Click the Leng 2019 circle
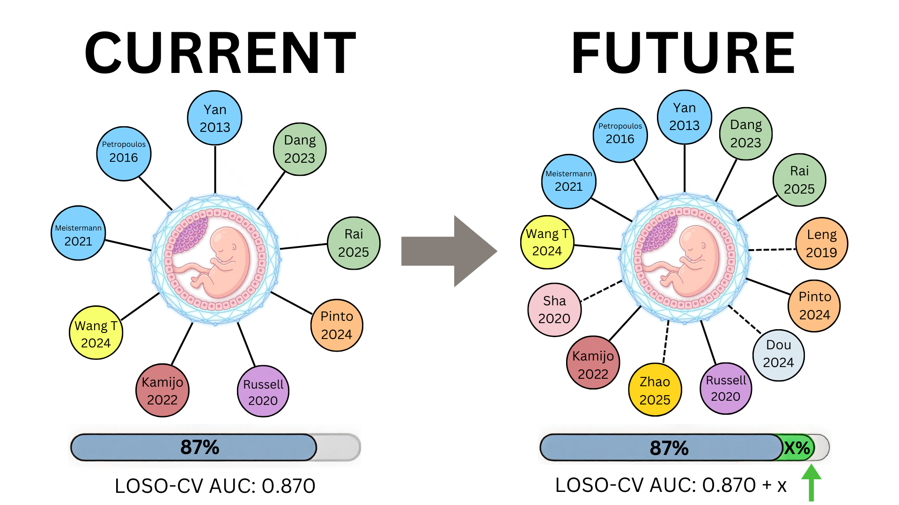822,244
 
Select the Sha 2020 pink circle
554,310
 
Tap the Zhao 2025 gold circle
655,390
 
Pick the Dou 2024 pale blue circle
778,355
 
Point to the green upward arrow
811,483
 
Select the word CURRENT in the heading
220,52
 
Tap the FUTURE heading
683,52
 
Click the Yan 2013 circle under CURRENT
215,118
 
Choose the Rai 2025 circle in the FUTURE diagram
799,180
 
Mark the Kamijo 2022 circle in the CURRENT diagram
162,390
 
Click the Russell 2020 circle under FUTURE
726,389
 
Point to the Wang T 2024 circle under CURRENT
96,332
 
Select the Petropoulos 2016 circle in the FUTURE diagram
620,136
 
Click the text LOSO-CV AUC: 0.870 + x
671,485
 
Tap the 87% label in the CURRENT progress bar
200,447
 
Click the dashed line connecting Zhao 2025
666,342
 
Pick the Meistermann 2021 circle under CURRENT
78,233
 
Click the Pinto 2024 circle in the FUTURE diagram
814,306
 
